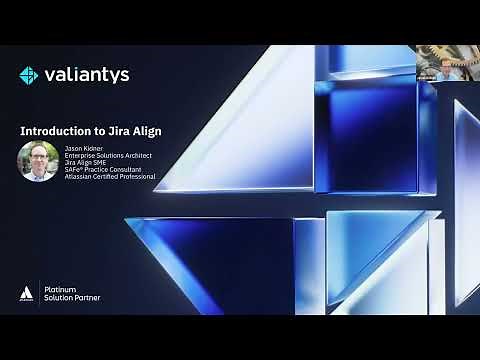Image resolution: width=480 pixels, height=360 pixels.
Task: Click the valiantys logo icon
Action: point(29,75)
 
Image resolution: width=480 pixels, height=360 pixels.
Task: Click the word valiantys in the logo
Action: point(87,75)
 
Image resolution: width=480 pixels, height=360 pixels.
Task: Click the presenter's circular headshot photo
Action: point(38,161)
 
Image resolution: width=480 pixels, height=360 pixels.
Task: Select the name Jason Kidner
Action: point(85,147)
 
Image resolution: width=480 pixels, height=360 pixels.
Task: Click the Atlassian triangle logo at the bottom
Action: point(26,292)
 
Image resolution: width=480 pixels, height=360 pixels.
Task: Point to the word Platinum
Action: point(60,286)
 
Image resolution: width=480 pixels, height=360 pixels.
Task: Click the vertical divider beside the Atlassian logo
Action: point(38,292)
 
